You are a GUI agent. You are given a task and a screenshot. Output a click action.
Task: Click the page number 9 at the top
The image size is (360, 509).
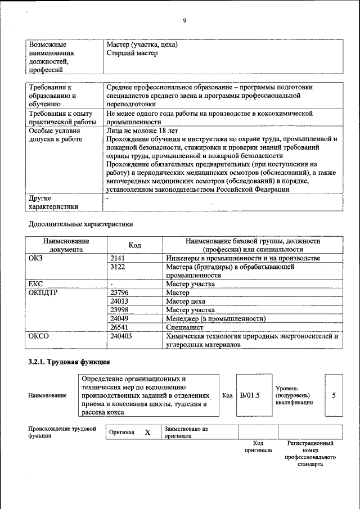click(184, 21)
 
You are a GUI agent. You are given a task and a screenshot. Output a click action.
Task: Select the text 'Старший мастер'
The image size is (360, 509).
click(132, 53)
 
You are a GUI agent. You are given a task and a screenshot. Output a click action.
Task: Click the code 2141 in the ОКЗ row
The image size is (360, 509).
click(119, 258)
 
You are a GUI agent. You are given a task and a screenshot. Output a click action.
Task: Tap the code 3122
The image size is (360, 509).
click(119, 267)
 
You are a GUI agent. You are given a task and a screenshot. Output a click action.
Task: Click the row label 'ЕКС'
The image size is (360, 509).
click(36, 284)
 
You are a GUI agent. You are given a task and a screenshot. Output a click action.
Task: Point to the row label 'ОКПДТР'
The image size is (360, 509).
click(43, 293)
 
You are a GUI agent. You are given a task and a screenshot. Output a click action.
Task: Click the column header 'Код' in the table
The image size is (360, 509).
click(134, 245)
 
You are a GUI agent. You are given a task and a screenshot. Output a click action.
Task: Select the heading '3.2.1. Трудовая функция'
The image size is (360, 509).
click(69, 361)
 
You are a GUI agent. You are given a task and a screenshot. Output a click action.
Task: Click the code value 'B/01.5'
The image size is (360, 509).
click(250, 395)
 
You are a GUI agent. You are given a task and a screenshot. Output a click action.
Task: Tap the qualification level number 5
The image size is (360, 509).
click(334, 395)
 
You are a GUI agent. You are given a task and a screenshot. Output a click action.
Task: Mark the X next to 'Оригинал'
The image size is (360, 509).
click(147, 433)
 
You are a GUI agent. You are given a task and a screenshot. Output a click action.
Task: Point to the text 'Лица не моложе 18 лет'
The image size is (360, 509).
click(142, 130)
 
